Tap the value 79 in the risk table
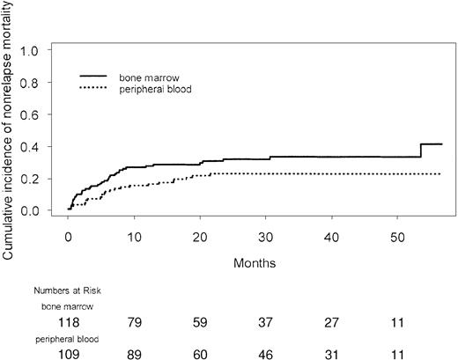[x=135, y=322]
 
